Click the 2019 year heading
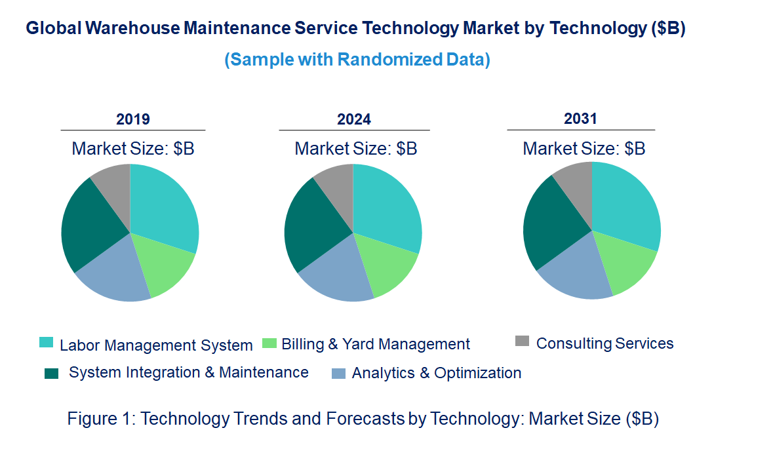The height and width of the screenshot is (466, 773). [133, 119]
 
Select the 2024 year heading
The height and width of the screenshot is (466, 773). [354, 119]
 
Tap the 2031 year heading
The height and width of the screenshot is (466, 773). [580, 119]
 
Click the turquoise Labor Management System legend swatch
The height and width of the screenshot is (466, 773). [46, 342]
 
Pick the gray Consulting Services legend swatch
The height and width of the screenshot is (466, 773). [522, 341]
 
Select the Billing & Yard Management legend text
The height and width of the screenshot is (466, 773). [376, 344]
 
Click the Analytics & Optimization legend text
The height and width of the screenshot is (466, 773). [437, 373]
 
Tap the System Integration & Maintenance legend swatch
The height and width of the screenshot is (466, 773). [51, 373]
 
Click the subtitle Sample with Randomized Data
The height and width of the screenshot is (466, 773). [357, 60]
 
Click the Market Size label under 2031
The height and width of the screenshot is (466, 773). [584, 149]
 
